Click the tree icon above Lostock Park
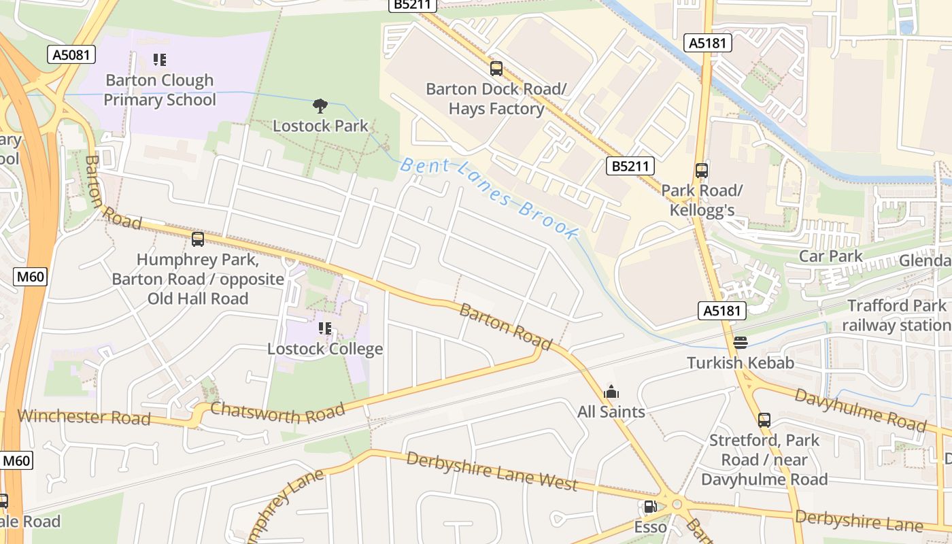click(320, 105)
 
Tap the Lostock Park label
click(320, 126)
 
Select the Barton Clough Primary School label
click(160, 90)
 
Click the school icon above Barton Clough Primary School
click(160, 60)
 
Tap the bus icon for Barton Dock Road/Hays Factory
click(496, 69)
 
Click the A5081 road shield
click(71, 54)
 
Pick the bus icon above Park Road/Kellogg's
click(701, 171)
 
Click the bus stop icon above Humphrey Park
click(198, 239)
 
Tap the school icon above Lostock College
click(325, 329)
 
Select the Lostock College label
click(325, 349)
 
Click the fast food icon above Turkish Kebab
click(741, 343)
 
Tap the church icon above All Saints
click(611, 392)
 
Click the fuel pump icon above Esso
click(650, 507)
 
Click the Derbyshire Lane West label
click(492, 471)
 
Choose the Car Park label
click(830, 256)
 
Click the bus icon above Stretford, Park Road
click(764, 420)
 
